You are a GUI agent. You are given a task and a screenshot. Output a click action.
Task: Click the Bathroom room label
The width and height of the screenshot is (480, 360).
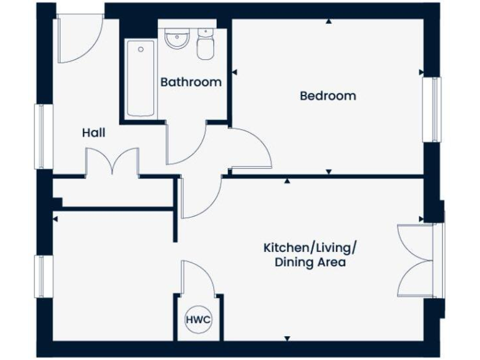(191, 82)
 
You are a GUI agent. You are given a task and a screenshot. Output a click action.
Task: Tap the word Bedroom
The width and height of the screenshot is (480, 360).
(327, 96)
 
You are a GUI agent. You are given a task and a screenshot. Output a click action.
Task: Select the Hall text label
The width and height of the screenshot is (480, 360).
(94, 133)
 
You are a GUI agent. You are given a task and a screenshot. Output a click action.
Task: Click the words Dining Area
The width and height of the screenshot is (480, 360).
(310, 262)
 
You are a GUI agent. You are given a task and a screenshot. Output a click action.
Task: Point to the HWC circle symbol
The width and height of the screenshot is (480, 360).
(199, 320)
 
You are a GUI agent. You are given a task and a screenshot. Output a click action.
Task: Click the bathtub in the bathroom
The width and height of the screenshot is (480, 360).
(141, 79)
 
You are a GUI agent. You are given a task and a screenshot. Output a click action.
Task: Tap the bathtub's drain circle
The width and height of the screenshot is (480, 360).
(141, 49)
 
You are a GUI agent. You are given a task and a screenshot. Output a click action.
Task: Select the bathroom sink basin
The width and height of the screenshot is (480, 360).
(177, 39)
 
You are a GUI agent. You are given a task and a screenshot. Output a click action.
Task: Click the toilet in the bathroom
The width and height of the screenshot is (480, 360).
(206, 44)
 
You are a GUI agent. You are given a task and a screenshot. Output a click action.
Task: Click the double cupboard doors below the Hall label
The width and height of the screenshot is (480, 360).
(112, 162)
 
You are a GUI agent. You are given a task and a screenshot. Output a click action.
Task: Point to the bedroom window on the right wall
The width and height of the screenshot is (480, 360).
(432, 109)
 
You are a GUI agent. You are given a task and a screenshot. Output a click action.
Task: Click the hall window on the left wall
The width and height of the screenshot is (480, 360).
(42, 136)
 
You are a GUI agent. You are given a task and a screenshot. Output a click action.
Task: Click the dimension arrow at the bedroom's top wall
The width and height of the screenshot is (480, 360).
(329, 21)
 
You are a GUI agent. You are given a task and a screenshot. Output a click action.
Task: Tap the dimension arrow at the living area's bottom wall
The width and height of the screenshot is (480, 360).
(287, 337)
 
